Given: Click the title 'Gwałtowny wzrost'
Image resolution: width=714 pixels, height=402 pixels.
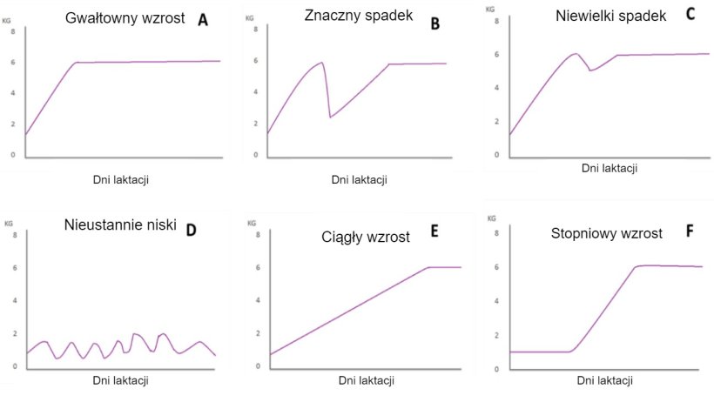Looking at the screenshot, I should [126, 18].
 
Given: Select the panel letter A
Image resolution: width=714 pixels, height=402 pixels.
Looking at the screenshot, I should [203, 19].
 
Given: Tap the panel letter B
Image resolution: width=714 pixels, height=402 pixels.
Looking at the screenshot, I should [435, 23].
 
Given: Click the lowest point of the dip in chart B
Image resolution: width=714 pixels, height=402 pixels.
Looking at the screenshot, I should [330, 117].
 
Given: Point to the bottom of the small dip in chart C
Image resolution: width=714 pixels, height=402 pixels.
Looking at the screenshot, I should [590, 70].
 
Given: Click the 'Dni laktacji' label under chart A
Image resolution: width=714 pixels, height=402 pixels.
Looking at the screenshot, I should [120, 180].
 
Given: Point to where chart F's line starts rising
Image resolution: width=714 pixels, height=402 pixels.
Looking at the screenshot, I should [570, 351].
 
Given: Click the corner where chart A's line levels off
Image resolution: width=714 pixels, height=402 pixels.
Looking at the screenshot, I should [76, 63].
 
